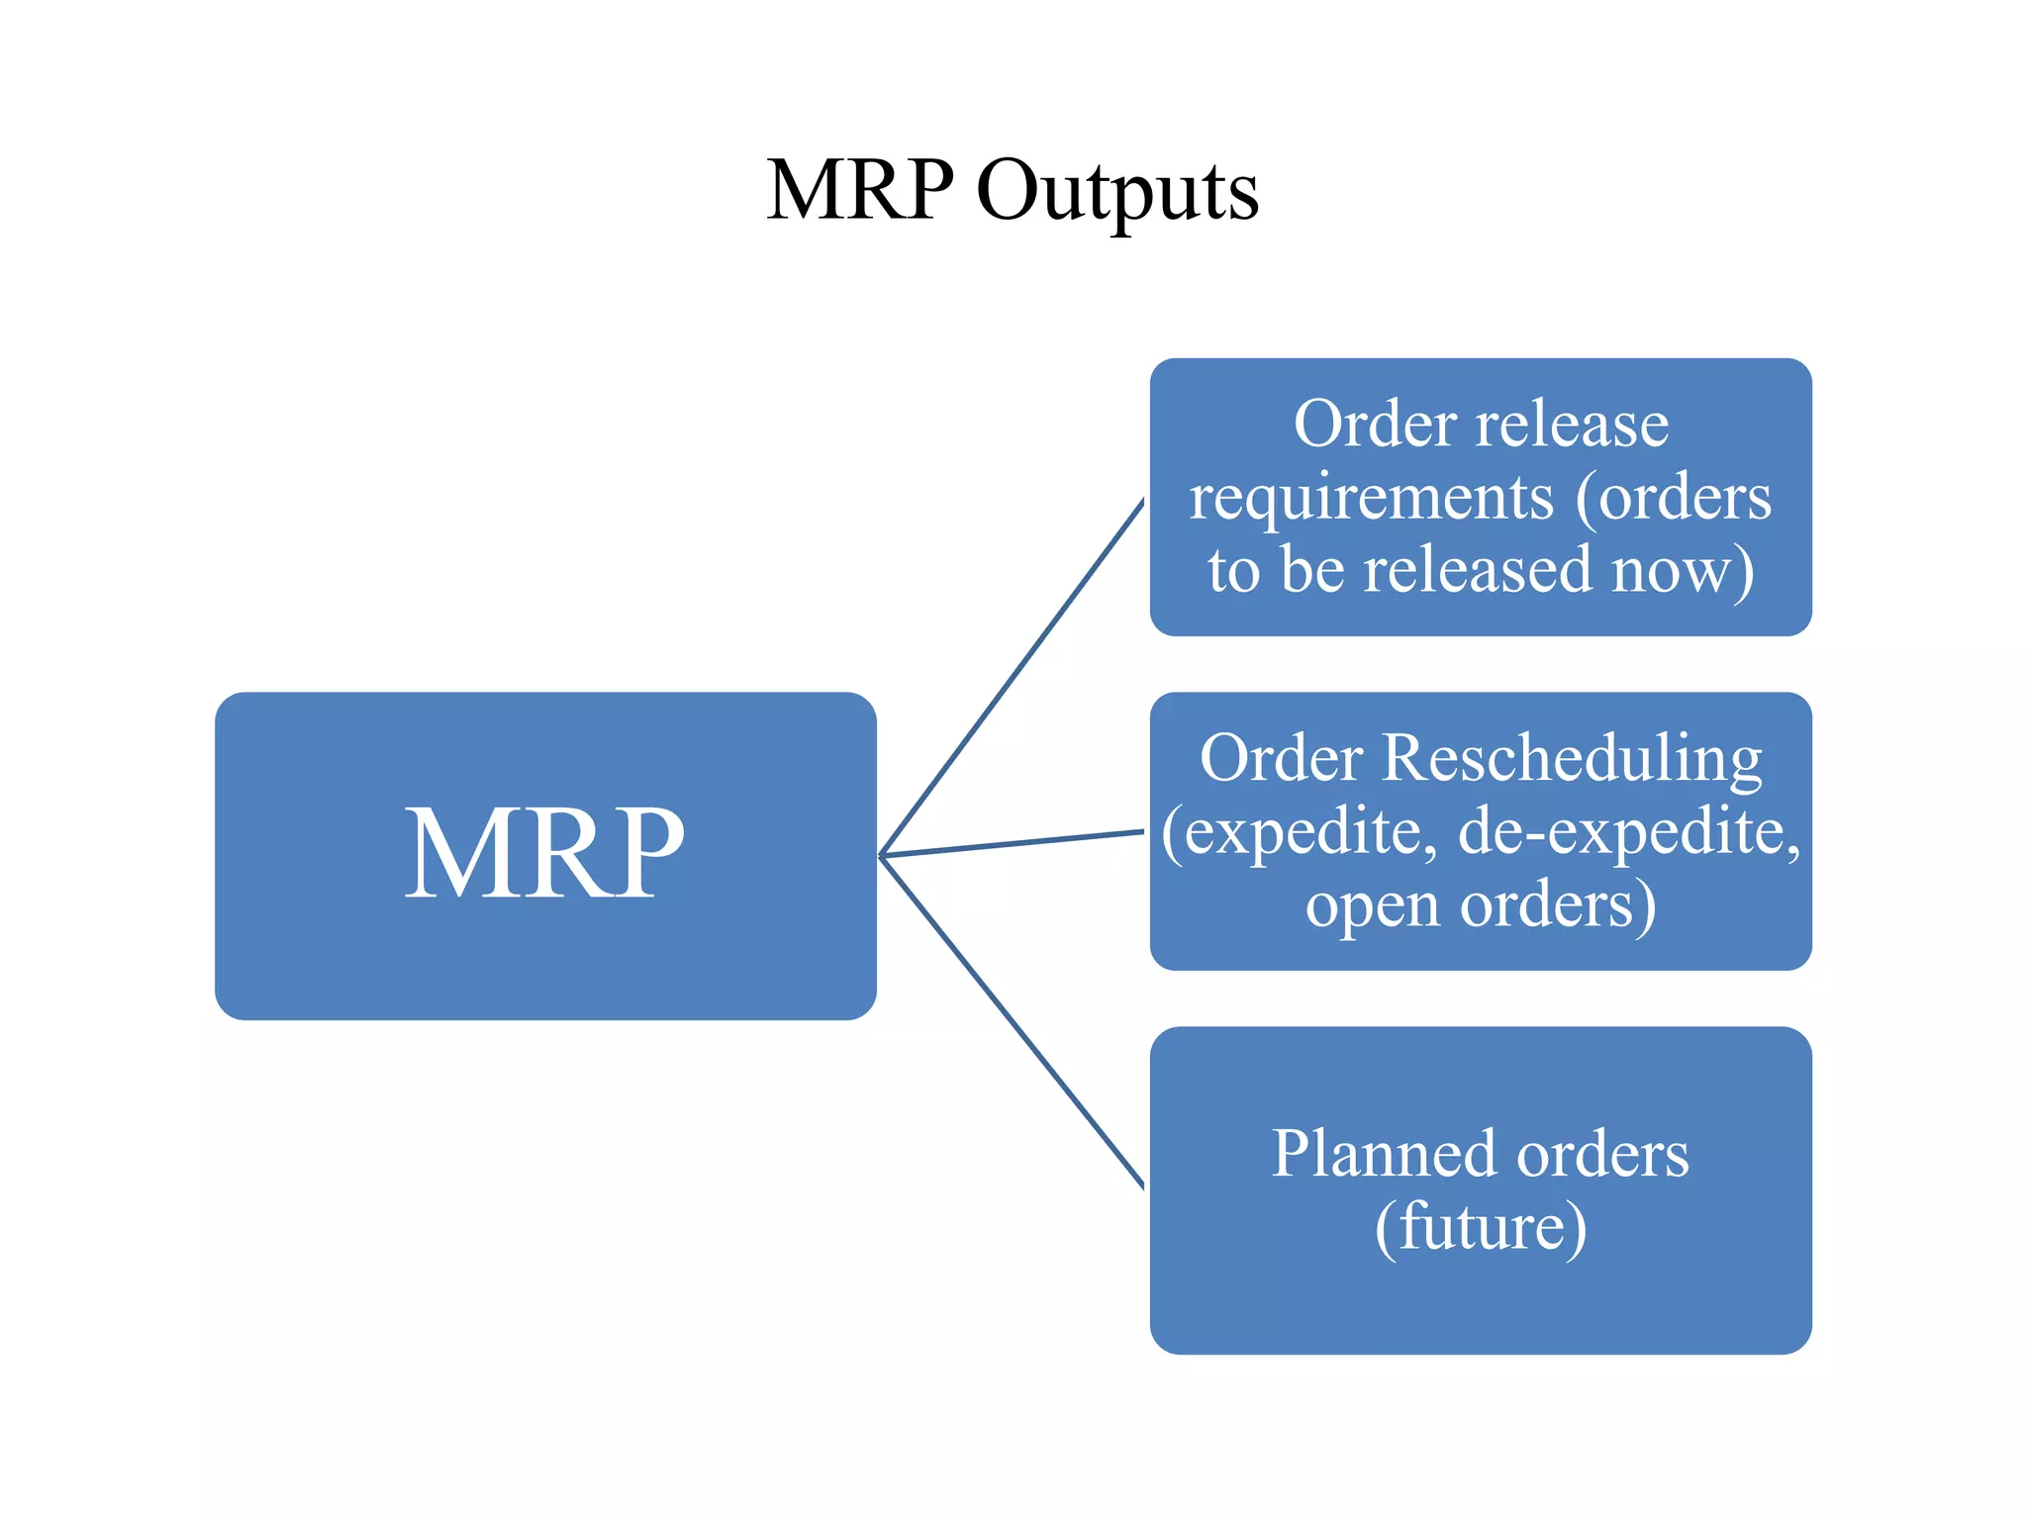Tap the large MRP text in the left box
544,853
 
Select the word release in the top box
1572,425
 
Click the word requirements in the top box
1371,498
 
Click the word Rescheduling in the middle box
1572,759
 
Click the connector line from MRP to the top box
1012,679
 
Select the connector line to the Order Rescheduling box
1012,843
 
